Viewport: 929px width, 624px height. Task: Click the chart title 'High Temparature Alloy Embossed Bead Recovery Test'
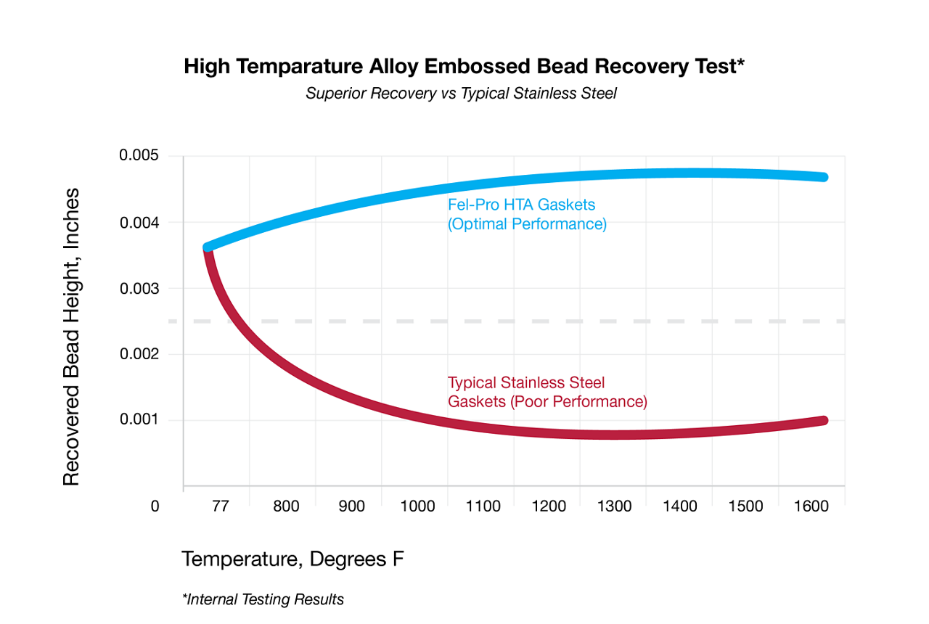tap(464, 67)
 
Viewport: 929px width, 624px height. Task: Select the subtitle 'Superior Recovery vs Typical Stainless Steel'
tap(461, 94)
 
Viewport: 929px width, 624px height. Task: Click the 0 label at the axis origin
tap(155, 506)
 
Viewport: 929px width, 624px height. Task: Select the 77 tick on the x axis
tap(220, 506)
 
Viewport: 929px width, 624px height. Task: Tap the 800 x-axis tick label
tap(286, 506)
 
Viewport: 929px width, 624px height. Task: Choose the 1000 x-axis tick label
tap(417, 506)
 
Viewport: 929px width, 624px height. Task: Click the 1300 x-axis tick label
tap(615, 506)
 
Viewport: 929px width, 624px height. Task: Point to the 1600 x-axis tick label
tap(811, 506)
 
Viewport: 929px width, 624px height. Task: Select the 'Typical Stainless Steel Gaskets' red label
tap(547, 392)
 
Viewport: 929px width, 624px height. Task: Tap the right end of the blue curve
tap(823, 177)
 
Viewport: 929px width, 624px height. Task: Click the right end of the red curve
tap(823, 421)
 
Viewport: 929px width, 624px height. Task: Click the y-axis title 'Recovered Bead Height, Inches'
tap(70, 337)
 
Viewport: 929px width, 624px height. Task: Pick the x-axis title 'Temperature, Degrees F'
tap(292, 559)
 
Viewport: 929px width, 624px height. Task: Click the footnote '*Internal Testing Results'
tap(263, 599)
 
